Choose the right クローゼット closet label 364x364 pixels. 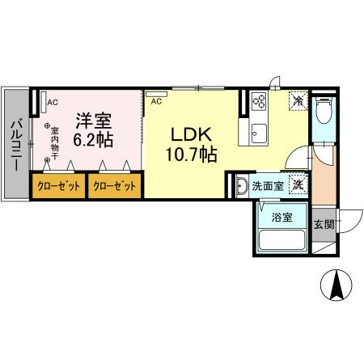tap(114, 185)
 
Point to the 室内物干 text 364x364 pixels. tap(55, 144)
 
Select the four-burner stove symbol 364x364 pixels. tap(261, 102)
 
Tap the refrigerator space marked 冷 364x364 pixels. tap(298, 102)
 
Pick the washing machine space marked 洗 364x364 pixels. tap(298, 185)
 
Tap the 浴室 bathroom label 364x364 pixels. tap(281, 217)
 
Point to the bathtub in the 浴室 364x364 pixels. tap(281, 240)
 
